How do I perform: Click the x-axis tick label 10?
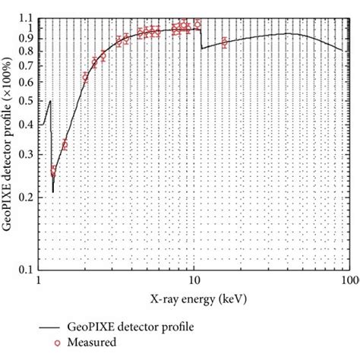(194, 280)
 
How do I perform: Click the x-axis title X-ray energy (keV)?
(193, 300)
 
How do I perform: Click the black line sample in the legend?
(51, 326)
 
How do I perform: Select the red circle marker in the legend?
(57, 343)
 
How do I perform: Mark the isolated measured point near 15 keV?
(224, 43)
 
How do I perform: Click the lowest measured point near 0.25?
(53, 172)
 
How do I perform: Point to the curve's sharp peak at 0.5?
(50, 101)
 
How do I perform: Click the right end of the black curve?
(342, 49)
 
